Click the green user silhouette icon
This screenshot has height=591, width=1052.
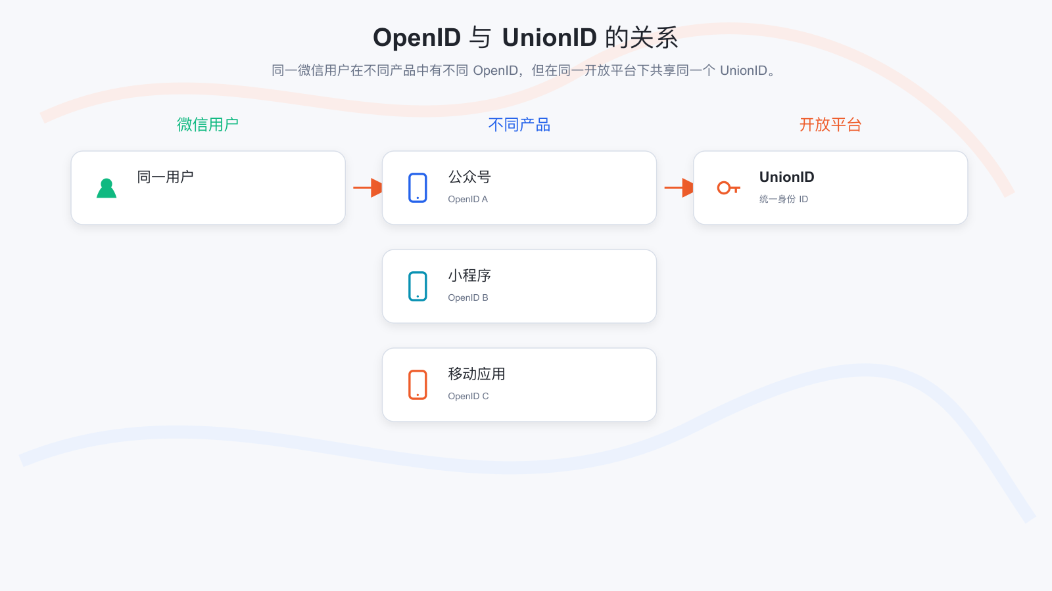tap(107, 188)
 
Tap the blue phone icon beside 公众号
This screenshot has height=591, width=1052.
tap(418, 188)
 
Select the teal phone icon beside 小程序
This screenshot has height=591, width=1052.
tap(418, 286)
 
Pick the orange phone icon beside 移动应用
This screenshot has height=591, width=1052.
tap(418, 385)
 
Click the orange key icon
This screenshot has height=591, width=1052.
tap(729, 188)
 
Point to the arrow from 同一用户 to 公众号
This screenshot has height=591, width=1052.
tap(368, 188)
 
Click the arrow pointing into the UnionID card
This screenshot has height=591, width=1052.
tap(679, 188)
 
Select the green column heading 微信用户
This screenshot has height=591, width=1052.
tap(208, 125)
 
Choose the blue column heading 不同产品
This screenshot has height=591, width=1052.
tap(519, 125)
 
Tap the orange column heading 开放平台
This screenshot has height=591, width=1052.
tap(830, 125)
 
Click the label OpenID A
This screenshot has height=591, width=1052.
tap(467, 200)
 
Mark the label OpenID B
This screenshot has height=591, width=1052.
tap(467, 298)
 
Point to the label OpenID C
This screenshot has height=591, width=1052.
tap(468, 397)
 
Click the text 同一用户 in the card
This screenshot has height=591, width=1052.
tap(165, 177)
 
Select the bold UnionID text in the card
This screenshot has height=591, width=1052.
tap(786, 177)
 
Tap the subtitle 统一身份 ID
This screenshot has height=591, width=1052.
tap(783, 200)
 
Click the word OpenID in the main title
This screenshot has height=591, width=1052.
tap(417, 37)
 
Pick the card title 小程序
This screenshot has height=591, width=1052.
tap(469, 275)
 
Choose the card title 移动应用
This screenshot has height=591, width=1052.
tap(476, 374)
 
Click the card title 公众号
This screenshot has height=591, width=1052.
tap(469, 177)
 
